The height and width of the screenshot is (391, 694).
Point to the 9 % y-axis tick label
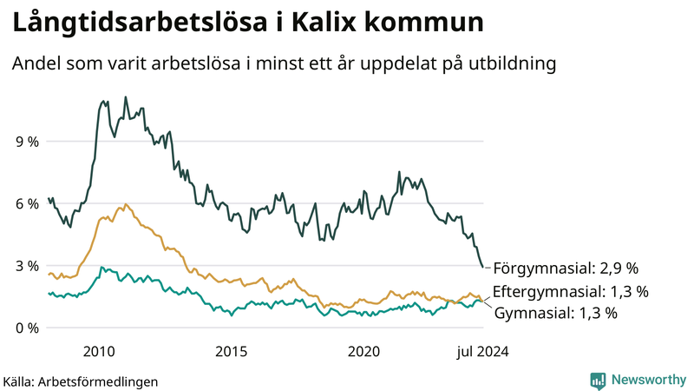coord(27,141)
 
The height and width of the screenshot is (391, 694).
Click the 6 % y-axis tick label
coord(27,203)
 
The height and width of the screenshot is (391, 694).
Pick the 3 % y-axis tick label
coord(27,266)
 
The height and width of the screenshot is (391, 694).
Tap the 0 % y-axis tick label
coord(27,328)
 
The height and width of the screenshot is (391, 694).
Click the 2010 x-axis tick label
coord(99,351)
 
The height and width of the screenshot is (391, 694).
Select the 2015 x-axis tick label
coord(232,351)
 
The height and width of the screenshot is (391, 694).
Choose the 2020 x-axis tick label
coord(363,351)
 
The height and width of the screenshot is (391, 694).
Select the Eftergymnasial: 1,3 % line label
coord(570,291)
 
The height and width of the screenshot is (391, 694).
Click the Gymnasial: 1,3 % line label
coord(556,313)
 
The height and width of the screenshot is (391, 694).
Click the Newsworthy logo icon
coord(598,380)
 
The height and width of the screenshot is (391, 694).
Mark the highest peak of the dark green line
coord(126,97)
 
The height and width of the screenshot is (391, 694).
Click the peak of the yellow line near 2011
coord(126,204)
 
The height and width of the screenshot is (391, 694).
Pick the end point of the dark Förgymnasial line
coord(483,268)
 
